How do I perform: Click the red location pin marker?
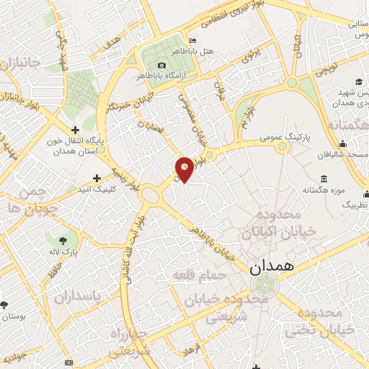click(x=184, y=169)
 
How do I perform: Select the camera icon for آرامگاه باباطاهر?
click(x=161, y=66)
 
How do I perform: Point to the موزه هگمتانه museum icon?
click(x=322, y=179)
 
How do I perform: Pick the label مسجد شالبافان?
click(x=337, y=155)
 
